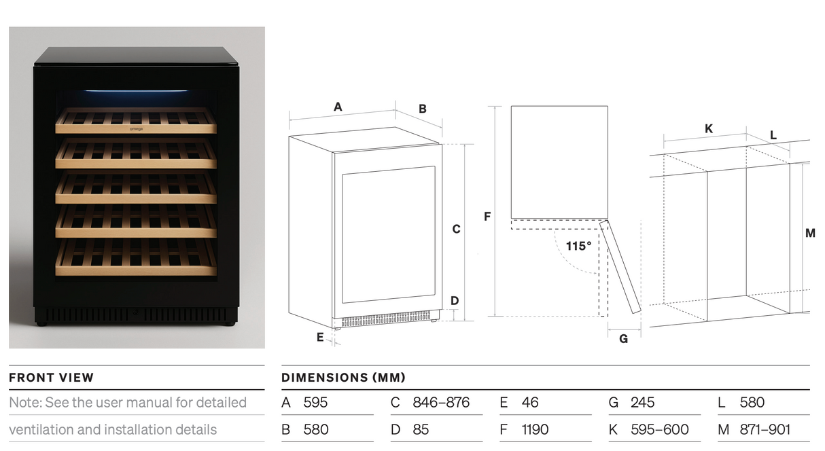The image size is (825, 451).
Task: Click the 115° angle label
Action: [578, 246]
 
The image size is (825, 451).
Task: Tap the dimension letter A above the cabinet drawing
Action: [338, 107]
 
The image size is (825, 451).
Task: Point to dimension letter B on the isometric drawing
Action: [422, 109]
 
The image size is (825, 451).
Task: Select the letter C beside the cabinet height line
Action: [456, 230]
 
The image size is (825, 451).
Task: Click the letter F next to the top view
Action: [487, 217]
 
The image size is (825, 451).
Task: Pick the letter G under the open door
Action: [623, 338]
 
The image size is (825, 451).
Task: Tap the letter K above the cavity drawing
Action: [708, 128]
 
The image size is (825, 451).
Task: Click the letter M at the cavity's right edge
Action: [809, 233]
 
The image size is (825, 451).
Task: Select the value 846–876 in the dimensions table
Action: [440, 402]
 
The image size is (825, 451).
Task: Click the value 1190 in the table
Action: [535, 429]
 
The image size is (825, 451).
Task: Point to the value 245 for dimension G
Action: [642, 402]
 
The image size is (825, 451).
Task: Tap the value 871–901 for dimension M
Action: [765, 429]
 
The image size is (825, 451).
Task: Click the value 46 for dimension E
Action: [530, 402]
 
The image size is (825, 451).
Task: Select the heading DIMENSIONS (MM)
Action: [343, 378]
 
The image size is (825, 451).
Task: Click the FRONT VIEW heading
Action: [52, 378]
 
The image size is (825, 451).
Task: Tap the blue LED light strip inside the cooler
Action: [136, 91]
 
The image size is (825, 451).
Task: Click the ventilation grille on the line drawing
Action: [385, 319]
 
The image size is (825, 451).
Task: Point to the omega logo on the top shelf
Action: [136, 128]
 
